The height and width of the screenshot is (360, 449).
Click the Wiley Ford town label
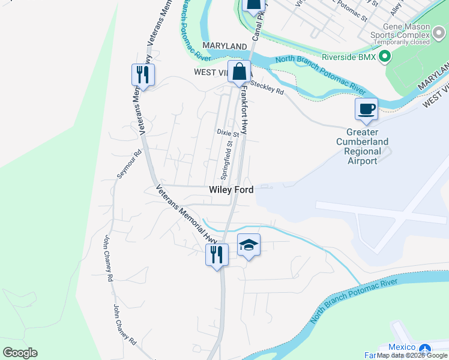point(231,190)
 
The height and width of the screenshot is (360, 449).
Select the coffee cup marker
point(366,109)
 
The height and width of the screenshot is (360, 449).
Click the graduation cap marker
point(249,245)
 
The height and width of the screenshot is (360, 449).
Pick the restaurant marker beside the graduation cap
point(216,254)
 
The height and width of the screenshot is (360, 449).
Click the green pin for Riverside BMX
point(385,57)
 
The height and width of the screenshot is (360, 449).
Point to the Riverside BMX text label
point(349,57)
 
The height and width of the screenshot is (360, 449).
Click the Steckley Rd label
point(267,88)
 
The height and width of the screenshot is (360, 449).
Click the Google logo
point(20,353)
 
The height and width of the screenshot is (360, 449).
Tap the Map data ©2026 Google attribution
point(412,356)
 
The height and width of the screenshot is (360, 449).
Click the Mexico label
point(402,347)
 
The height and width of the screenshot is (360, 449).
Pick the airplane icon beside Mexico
point(425,349)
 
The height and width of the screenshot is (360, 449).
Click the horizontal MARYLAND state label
point(224,46)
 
